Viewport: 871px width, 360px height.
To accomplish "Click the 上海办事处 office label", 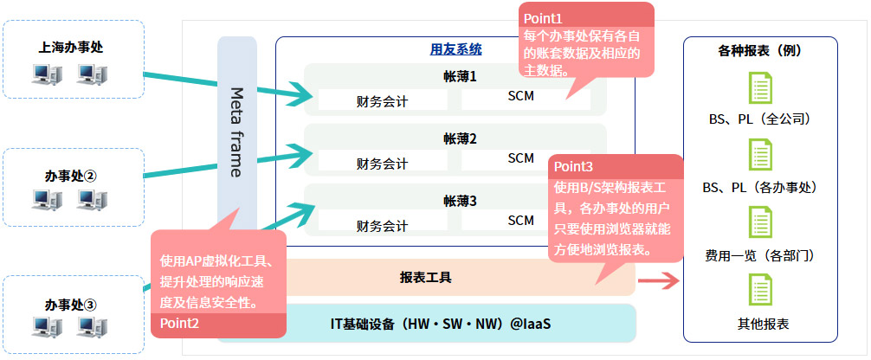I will [x=71, y=48].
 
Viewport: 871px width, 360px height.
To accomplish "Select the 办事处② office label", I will [x=71, y=175].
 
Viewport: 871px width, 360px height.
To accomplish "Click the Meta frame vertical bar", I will [x=235, y=130].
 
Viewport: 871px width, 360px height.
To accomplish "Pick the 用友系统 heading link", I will [x=455, y=49].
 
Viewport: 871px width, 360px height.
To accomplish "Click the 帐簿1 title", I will [x=460, y=77].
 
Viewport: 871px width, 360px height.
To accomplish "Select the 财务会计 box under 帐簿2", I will [x=382, y=163].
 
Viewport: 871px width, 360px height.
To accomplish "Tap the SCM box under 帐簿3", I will [x=521, y=220].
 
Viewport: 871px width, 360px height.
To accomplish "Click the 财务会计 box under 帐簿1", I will [x=382, y=100].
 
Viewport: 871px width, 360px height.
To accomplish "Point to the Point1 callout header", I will [x=544, y=16].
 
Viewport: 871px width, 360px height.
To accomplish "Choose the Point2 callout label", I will [x=180, y=323].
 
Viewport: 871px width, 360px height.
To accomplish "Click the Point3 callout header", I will [x=574, y=166].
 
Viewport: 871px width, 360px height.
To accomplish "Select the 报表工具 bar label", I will [x=425, y=278].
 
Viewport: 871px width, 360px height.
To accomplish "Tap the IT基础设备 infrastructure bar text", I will [x=441, y=324].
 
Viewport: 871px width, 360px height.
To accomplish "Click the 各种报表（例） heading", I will [x=759, y=51].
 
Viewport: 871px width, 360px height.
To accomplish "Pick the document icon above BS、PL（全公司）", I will [x=759, y=89].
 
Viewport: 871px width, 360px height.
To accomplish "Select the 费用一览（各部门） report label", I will [x=759, y=256].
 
